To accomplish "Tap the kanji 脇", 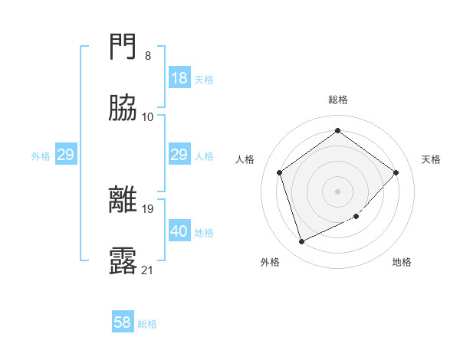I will coord(123,109).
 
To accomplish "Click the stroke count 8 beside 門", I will coord(147,56).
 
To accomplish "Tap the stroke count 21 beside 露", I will coord(147,270).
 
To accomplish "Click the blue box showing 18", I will coord(179,77).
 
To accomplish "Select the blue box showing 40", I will coord(179,231).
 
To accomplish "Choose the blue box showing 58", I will coord(123,322).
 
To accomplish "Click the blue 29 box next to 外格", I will coord(65,155).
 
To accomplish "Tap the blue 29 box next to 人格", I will coord(179,155).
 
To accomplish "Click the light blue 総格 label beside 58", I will coord(147,324).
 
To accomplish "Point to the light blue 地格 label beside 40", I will coord(204,233).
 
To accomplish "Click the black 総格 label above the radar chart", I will coord(338,100).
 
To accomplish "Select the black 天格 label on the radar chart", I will coord(431,159).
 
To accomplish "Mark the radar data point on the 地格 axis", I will coord(356,217).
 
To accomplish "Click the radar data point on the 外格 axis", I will coord(301,242).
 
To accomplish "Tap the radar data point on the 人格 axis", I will coord(280,172).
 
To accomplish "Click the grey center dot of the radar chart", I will coord(337,191).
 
